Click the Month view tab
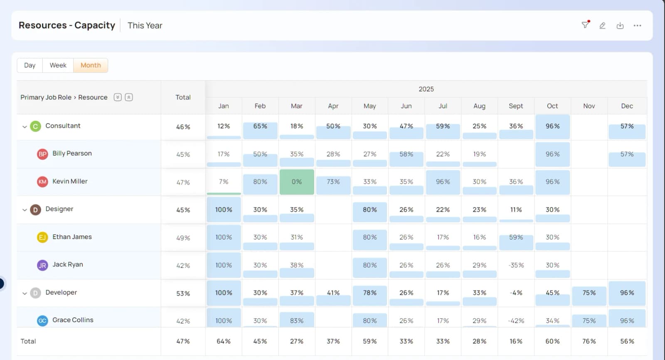[x=91, y=65]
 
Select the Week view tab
[x=58, y=65]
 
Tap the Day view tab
[x=30, y=65]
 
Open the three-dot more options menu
[x=638, y=25]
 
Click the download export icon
[x=620, y=25]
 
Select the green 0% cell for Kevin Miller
[x=297, y=182]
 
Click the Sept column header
[x=516, y=106]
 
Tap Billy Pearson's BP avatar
[x=42, y=154]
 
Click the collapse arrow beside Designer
[x=25, y=210]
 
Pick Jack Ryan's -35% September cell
[x=516, y=265]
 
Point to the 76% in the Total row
[x=589, y=341]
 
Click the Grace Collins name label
[x=73, y=320]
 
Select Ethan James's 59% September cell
[x=516, y=237]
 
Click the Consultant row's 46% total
[x=183, y=127]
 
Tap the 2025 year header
[x=426, y=89]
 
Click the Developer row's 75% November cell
[x=589, y=293]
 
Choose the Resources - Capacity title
[x=67, y=25]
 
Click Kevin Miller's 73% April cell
[x=333, y=182]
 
